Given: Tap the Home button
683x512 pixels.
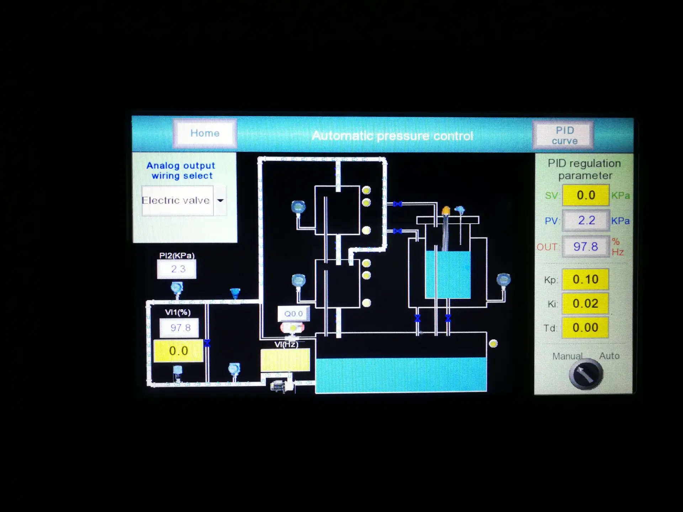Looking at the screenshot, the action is pos(205,133).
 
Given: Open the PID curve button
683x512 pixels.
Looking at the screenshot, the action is pos(564,135).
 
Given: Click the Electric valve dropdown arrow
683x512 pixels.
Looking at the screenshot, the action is pos(220,201).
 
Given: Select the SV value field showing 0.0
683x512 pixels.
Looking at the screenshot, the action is pos(586,195).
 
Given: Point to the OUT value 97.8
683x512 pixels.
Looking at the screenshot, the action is pos(586,246).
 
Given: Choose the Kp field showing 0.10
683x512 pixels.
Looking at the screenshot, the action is pos(585,279).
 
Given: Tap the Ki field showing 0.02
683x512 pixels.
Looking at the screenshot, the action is pos(585,303).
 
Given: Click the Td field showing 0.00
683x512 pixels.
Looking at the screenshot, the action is pos(585,327).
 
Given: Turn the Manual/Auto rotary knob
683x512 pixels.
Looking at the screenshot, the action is pos(586,374).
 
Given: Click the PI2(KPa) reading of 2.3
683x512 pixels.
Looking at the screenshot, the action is pos(176,269).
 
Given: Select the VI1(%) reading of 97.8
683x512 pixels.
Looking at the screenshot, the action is pos(179,328).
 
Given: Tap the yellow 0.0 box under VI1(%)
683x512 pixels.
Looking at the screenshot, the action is pos(178,351).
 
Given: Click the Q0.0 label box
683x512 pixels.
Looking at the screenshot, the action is pos(293,314).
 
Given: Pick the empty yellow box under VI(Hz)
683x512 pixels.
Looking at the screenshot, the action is pos(285,360).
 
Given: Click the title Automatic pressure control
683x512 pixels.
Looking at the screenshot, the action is pos(392,136).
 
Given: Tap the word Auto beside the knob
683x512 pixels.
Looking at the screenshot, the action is pos(609,356).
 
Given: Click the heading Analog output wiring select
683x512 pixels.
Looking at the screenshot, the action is pos(181,171).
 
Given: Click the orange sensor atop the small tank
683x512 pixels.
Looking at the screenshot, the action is pos(446,211).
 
